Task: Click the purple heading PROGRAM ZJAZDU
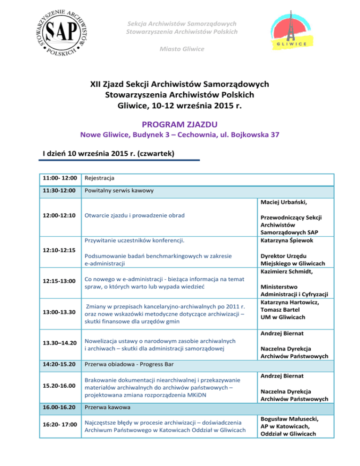pos(180,124)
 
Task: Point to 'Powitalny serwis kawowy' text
pos(119,191)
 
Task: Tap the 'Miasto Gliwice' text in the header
pos(180,49)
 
